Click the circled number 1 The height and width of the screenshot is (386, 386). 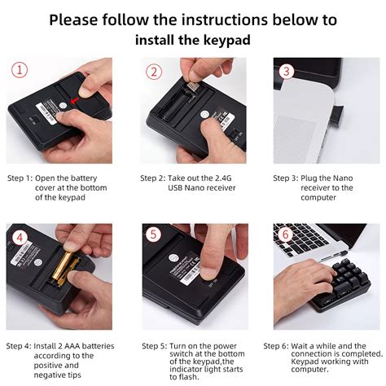[x=20, y=69]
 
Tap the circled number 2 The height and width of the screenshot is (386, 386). [x=154, y=72]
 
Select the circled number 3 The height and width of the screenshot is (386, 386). [x=287, y=71]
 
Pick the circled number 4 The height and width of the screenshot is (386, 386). [x=20, y=239]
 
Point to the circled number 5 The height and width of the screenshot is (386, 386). [x=153, y=234]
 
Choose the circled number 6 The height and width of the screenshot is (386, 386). [x=286, y=235]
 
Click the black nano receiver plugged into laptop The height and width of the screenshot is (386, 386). [x=336, y=113]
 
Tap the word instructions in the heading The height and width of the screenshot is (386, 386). [x=225, y=20]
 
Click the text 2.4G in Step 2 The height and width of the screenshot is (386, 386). [x=223, y=178]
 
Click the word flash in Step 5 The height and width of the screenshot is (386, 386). [x=189, y=377]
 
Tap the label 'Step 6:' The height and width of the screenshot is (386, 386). [x=276, y=346]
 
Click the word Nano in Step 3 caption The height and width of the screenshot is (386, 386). [x=343, y=178]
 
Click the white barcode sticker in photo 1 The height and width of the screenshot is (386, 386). [x=47, y=113]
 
